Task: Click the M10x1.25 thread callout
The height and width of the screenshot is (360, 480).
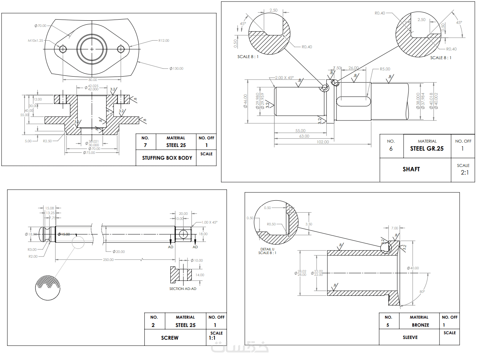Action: pyautogui.click(x=36, y=41)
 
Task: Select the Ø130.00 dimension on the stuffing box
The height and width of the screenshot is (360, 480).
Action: pyautogui.click(x=177, y=69)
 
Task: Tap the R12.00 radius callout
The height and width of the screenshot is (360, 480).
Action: pyautogui.click(x=164, y=41)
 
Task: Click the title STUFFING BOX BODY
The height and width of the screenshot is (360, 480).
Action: pyautogui.click(x=167, y=158)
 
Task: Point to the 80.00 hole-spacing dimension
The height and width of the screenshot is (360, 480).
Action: pyautogui.click(x=93, y=80)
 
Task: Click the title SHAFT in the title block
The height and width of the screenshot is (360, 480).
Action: pyautogui.click(x=411, y=169)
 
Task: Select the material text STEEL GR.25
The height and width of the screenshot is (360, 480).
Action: pyautogui.click(x=427, y=148)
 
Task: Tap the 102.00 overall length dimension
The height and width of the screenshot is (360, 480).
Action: pyautogui.click(x=323, y=142)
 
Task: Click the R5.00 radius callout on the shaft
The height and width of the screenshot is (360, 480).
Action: pyautogui.click(x=385, y=69)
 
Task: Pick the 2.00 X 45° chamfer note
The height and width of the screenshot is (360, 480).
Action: pyautogui.click(x=284, y=78)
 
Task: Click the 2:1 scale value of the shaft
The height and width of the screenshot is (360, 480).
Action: pyautogui.click(x=465, y=172)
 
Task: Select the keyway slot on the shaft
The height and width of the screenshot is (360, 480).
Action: pyautogui.click(x=353, y=101)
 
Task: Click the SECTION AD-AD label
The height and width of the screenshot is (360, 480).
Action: pyautogui.click(x=183, y=289)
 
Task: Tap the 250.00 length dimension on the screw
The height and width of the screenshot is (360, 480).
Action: pyautogui.click(x=108, y=260)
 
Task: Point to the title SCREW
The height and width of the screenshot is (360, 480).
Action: pyautogui.click(x=170, y=338)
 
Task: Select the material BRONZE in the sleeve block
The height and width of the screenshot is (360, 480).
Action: pyautogui.click(x=420, y=325)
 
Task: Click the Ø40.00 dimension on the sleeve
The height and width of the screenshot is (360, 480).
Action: pyautogui.click(x=413, y=268)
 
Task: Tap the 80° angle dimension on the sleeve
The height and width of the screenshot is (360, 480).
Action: pyautogui.click(x=422, y=292)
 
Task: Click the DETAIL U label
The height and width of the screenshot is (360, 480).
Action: pyautogui.click(x=267, y=249)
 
